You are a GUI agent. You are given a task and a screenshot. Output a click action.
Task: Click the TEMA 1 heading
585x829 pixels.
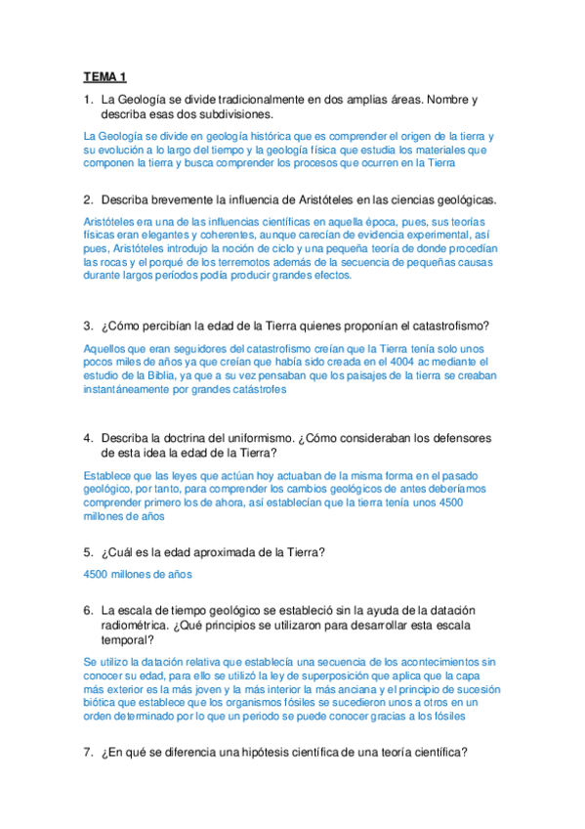point(105,76)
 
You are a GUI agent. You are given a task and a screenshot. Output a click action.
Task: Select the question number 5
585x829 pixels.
point(89,552)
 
